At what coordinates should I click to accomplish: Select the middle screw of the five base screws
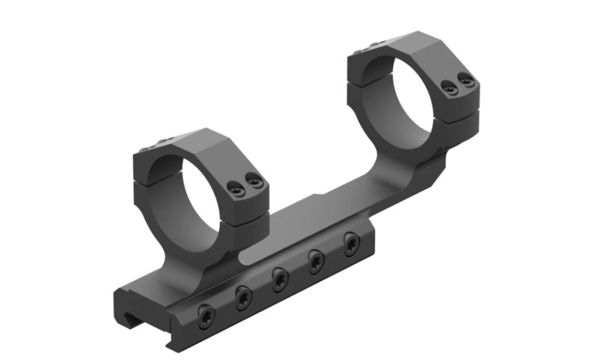pos(280,278)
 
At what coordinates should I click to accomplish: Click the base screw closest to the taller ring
pos(350,244)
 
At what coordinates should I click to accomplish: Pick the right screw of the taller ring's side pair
pos(468,80)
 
